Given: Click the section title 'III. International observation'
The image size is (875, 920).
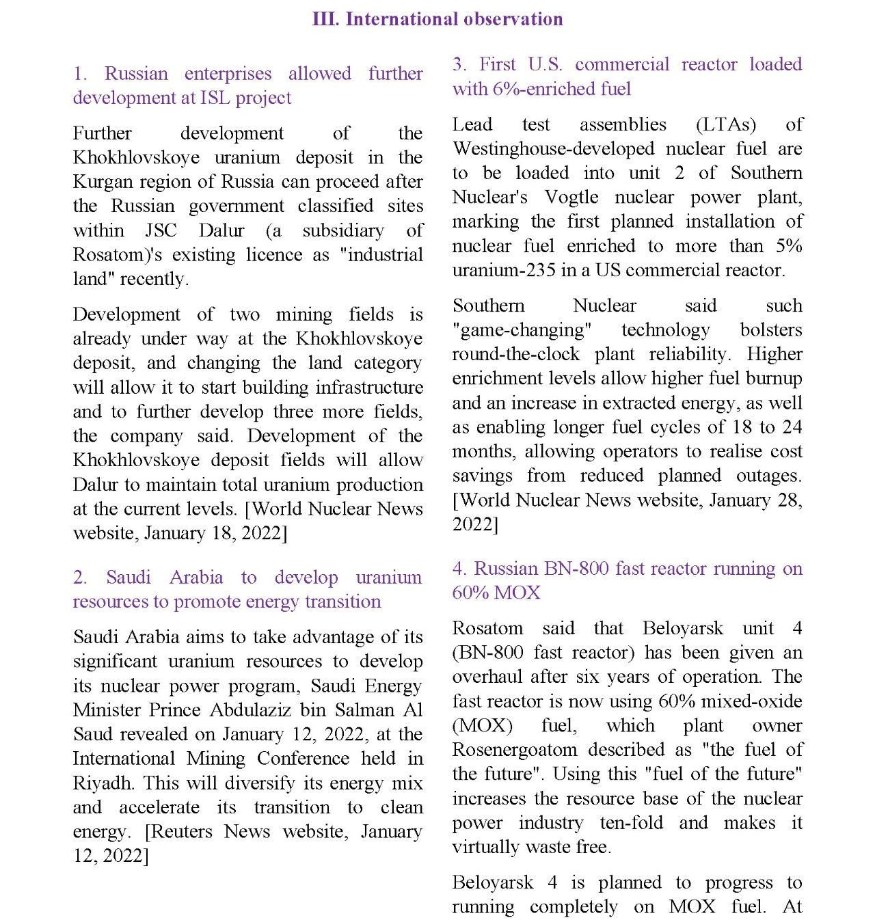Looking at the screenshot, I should [437, 19].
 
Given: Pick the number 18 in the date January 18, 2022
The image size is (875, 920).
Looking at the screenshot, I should [223, 533].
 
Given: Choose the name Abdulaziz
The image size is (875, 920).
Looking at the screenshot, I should [252, 710].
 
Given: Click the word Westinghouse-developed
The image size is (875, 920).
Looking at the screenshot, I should [554, 149].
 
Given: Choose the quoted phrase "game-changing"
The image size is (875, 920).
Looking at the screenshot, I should [522, 330].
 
